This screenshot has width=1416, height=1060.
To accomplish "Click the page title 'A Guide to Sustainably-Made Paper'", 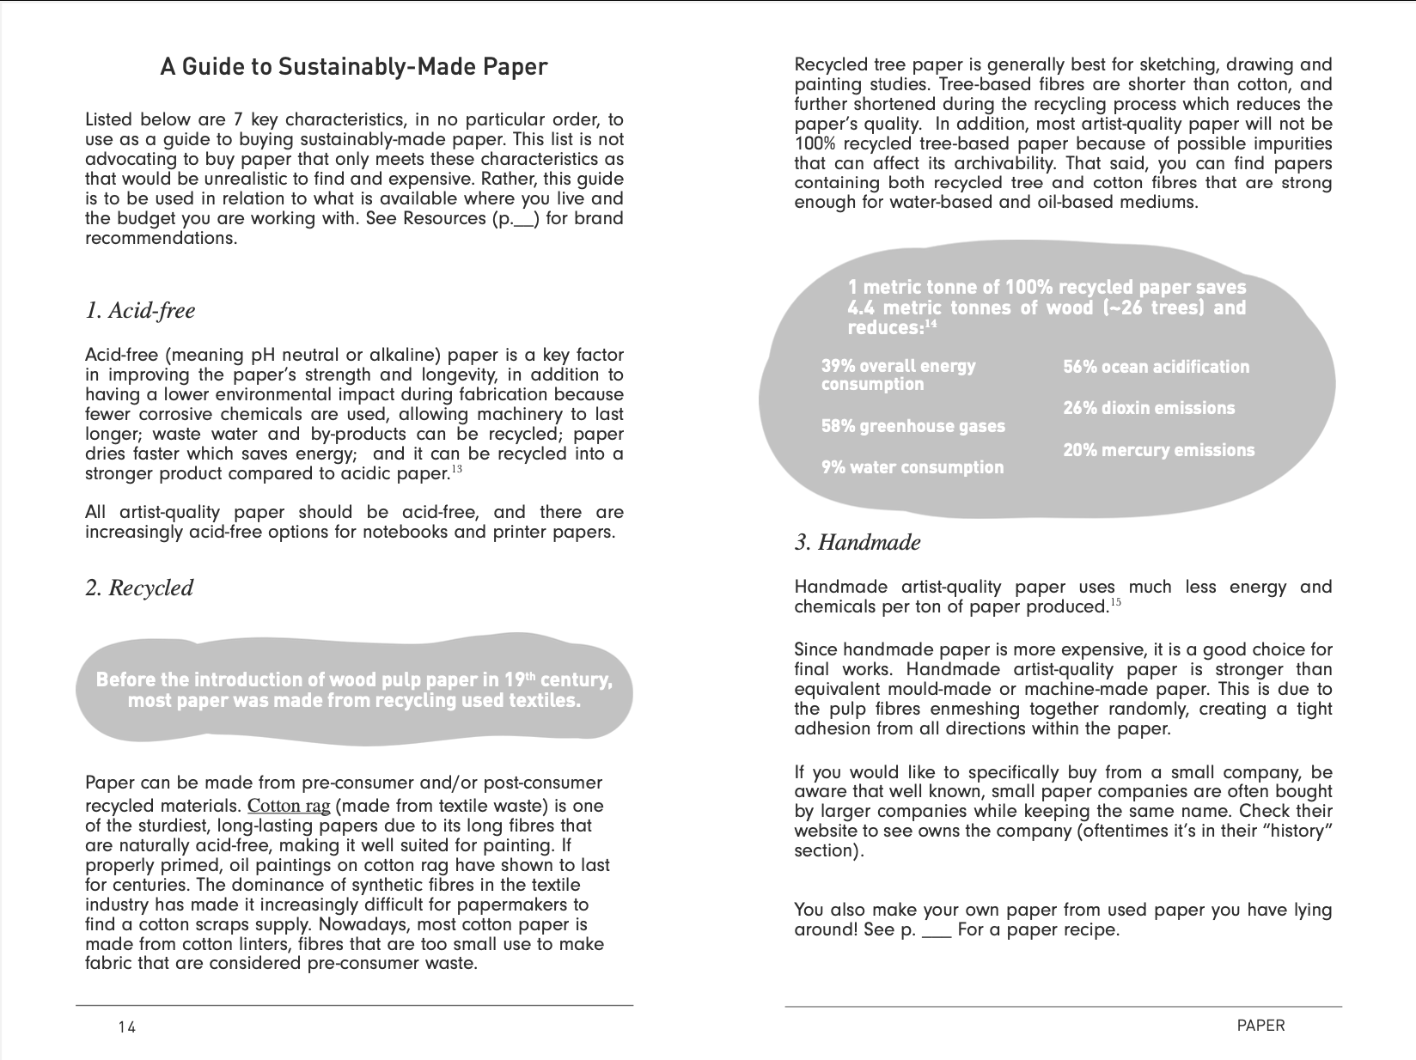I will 353,66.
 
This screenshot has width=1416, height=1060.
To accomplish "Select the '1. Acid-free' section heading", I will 140,310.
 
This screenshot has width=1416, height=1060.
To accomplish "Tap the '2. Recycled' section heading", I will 139,588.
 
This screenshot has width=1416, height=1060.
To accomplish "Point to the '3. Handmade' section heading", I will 858,542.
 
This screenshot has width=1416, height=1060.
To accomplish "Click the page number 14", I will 127,1026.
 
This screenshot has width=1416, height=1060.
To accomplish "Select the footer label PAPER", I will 1260,1025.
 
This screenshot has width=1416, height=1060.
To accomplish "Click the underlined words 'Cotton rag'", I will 289,806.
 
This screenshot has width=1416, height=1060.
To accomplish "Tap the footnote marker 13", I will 456,469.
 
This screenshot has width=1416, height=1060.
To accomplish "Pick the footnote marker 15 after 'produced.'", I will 1115,602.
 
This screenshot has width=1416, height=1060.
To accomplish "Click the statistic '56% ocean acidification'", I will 1156,367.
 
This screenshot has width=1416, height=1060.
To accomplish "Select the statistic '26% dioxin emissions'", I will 1148,408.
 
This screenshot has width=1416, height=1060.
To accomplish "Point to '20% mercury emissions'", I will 1158,450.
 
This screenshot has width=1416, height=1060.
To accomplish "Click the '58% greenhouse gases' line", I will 912,426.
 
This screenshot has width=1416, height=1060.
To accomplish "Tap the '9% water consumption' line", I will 912,467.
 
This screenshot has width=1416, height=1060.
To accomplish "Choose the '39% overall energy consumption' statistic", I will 898,375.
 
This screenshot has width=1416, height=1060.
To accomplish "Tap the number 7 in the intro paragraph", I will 239,119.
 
